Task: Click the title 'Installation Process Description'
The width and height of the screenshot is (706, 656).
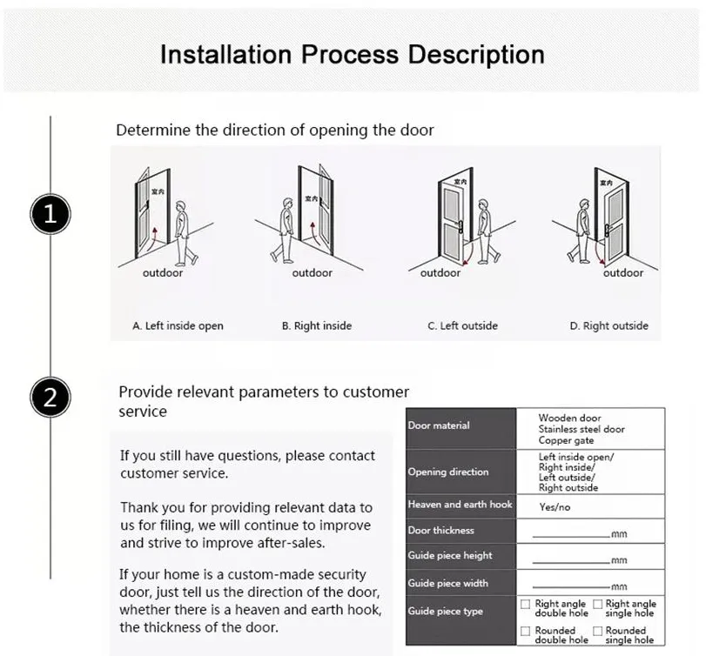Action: click(x=353, y=54)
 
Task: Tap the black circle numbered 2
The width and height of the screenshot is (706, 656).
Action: click(x=50, y=398)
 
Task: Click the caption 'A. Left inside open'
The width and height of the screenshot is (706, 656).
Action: click(x=178, y=326)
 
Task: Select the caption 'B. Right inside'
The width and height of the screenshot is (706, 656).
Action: click(x=317, y=326)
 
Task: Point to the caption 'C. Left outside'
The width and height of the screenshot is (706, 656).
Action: click(x=462, y=326)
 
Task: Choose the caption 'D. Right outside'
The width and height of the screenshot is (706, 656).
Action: click(x=609, y=326)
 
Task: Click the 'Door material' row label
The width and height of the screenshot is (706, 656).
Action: click(x=439, y=425)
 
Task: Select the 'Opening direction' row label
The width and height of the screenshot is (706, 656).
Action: click(x=448, y=472)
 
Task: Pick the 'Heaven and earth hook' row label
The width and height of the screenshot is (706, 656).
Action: click(x=460, y=505)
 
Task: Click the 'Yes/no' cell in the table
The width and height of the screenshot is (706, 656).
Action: click(x=555, y=505)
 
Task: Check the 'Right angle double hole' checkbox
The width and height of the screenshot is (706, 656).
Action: click(x=525, y=604)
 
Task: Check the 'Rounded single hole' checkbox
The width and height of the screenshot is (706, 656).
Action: click(x=598, y=631)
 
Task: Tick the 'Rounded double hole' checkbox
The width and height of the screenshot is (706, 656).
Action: click(x=525, y=631)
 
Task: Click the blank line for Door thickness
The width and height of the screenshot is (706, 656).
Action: click(x=570, y=532)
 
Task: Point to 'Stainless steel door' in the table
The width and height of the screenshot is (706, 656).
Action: click(x=581, y=429)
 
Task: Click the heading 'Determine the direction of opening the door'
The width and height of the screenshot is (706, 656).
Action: click(x=275, y=131)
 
